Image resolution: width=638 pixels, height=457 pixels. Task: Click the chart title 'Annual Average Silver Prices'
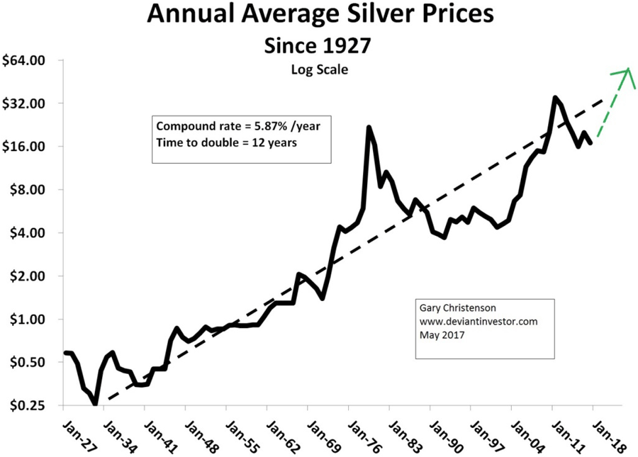[x=318, y=15]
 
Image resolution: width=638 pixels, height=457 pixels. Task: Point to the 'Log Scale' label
[x=318, y=69]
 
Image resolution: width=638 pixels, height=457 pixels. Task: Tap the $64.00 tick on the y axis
[x=24, y=60]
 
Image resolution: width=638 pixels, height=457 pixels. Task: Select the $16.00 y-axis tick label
[x=24, y=147]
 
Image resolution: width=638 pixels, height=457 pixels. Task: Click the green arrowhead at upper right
[x=627, y=71]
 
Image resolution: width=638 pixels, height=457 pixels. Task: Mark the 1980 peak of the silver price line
[x=369, y=128]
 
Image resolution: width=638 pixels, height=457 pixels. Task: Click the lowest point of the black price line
[x=95, y=404]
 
